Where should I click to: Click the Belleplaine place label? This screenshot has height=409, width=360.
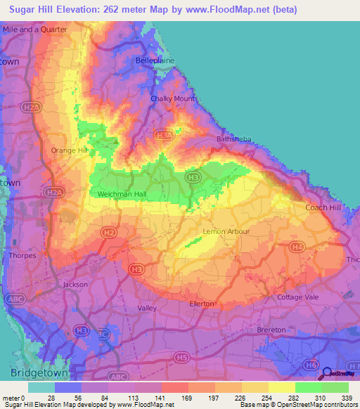pos(154,61)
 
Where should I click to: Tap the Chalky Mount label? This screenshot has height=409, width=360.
pos(172,98)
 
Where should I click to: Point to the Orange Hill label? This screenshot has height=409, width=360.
pos(69,150)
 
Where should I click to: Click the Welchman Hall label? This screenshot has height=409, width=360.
pos(117,194)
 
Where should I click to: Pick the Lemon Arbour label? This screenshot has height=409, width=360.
pos(226,231)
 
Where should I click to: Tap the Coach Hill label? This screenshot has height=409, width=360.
pos(323,207)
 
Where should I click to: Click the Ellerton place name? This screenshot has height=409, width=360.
pos(201,304)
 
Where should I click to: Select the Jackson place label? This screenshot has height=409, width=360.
pos(75,285)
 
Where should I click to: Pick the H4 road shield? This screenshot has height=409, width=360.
pos(297,247)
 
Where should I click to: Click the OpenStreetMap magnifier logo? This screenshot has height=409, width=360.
pos(327,373)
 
